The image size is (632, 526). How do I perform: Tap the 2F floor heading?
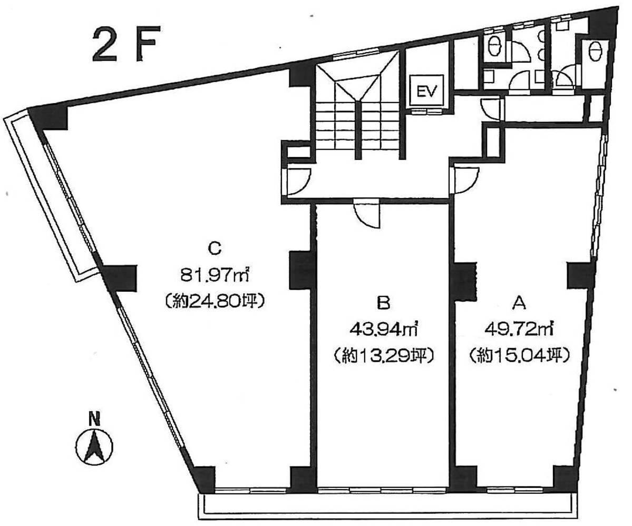coord(127,44)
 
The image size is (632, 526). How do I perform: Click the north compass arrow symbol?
coord(94,446)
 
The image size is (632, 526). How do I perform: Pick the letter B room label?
coord(383,303)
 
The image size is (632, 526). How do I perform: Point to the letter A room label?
coord(519,303)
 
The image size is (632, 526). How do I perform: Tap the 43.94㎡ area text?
coord(383,330)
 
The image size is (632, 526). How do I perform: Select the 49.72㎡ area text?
coord(519,330)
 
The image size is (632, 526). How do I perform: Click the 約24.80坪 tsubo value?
coord(215,301)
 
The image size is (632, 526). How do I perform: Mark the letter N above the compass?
coord(94,419)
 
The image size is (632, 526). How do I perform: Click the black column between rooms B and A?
coord(463,282)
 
